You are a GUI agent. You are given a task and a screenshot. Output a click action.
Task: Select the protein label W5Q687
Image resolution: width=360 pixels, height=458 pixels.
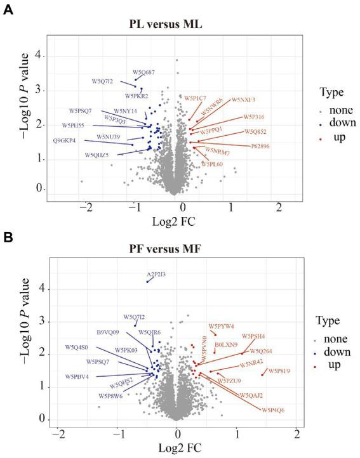pyautogui.click(x=143, y=73)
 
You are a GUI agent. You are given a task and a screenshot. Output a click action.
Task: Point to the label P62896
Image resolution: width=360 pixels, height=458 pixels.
pyautogui.click(x=260, y=146)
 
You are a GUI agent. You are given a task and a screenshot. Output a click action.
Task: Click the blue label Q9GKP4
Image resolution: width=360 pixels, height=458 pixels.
pyautogui.click(x=64, y=140)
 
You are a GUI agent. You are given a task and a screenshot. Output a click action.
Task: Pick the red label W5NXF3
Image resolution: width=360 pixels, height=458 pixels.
pyautogui.click(x=243, y=100)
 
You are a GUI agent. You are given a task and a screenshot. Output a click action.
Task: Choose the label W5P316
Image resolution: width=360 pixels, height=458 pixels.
pyautogui.click(x=254, y=117)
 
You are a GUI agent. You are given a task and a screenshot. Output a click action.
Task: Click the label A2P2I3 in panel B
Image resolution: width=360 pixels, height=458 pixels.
pyautogui.click(x=156, y=274)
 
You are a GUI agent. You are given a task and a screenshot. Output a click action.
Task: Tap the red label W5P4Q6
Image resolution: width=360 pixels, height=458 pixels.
pyautogui.click(x=273, y=410)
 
